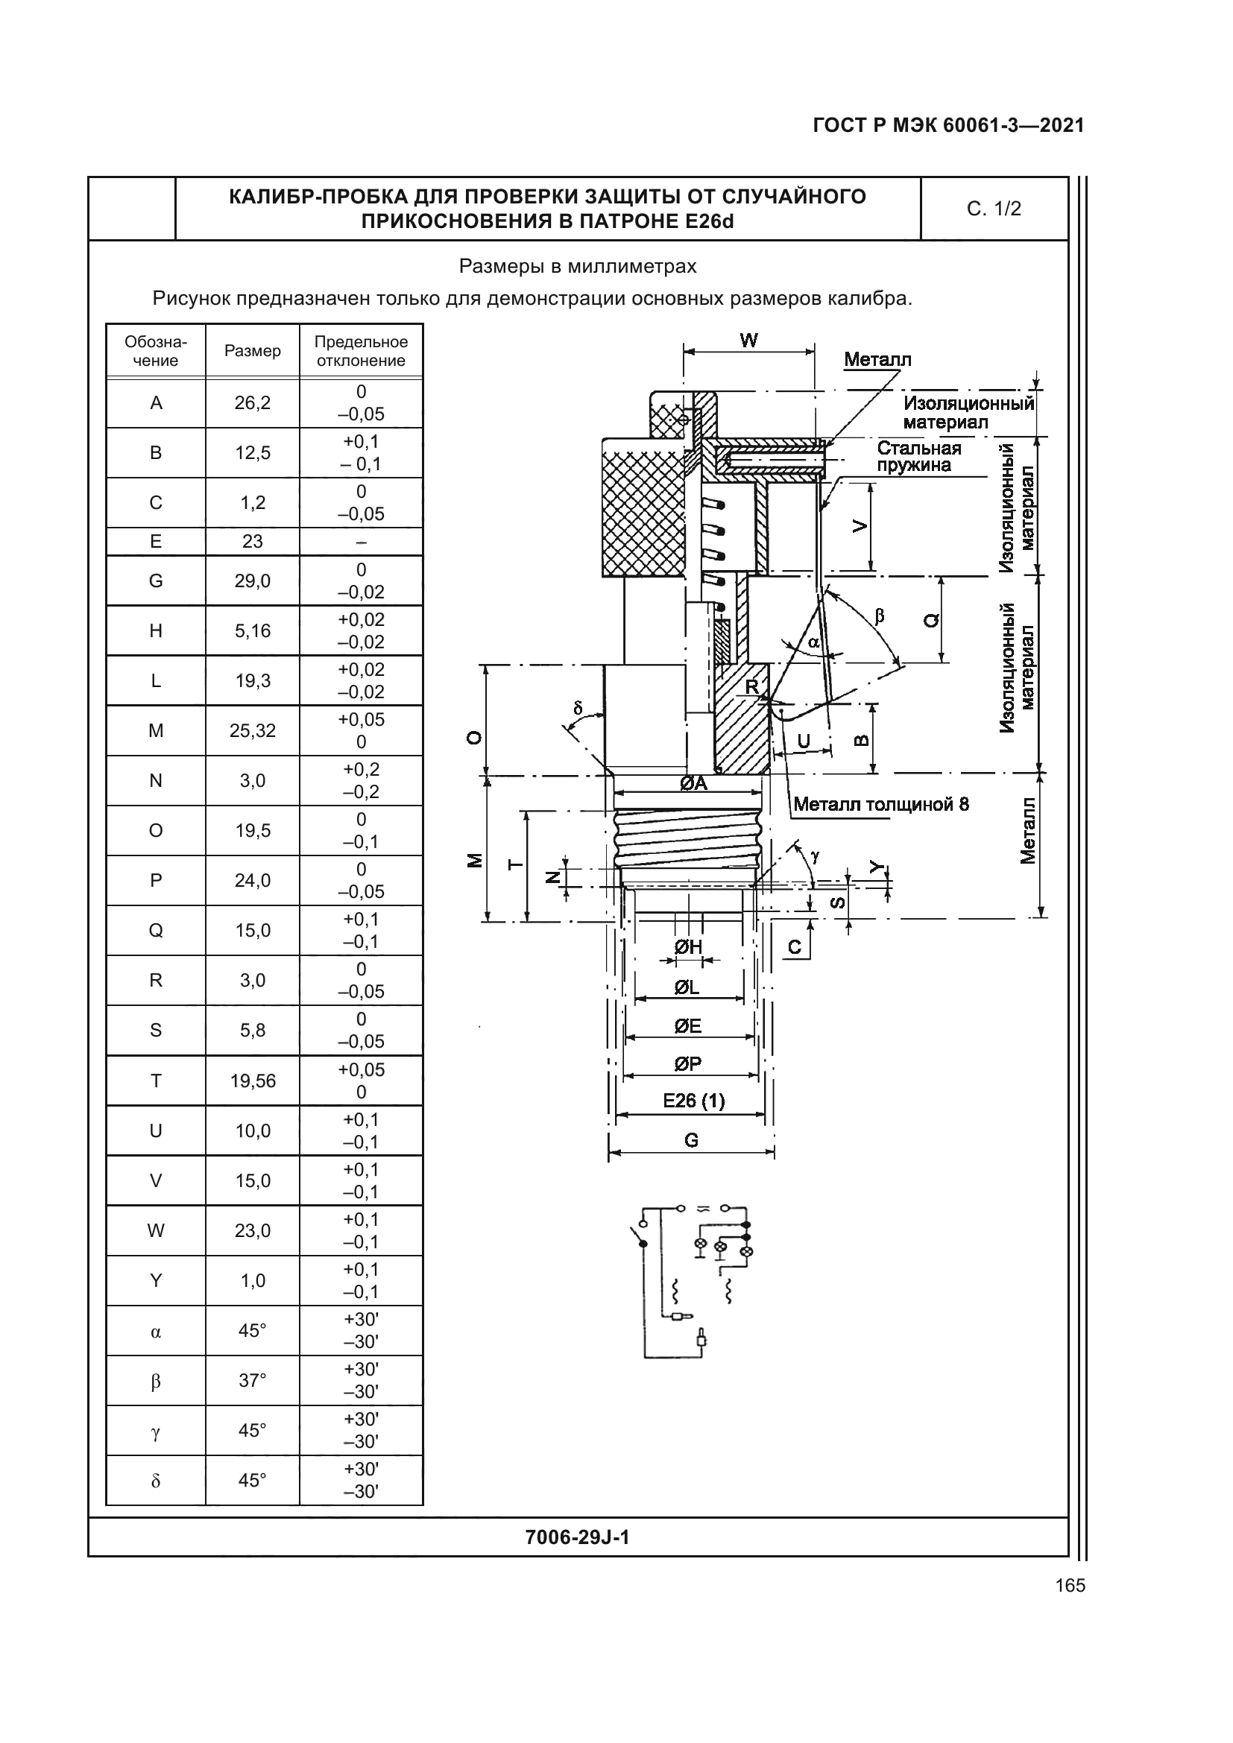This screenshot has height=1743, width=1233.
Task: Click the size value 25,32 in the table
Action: tap(252, 730)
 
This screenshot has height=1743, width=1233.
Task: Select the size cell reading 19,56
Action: tap(252, 1081)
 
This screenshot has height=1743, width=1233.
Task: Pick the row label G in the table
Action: tap(156, 581)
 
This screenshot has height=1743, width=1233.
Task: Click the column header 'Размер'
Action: tap(252, 351)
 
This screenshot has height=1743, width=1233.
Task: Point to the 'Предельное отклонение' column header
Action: tap(361, 351)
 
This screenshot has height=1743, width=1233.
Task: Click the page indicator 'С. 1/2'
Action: tap(993, 209)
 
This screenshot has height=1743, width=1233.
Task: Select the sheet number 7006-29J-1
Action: tap(577, 1537)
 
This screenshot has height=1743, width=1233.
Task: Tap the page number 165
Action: tap(1070, 1585)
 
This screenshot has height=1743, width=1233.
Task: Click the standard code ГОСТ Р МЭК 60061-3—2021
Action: tap(947, 125)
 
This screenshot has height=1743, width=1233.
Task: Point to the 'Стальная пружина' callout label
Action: tap(918, 456)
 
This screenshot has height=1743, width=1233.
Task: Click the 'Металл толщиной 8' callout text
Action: tap(880, 804)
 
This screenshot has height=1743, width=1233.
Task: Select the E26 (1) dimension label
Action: tap(693, 1100)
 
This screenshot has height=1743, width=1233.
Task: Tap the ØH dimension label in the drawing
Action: tap(688, 946)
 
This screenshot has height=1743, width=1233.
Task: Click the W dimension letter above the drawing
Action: tap(748, 340)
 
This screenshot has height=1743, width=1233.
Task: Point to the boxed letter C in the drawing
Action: tap(794, 946)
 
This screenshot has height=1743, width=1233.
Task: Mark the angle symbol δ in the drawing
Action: tap(578, 708)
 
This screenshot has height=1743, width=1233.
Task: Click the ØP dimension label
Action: tap(688, 1063)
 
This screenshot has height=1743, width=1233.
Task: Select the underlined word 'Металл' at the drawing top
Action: tap(877, 360)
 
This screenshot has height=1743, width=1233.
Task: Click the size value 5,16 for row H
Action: tap(252, 631)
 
